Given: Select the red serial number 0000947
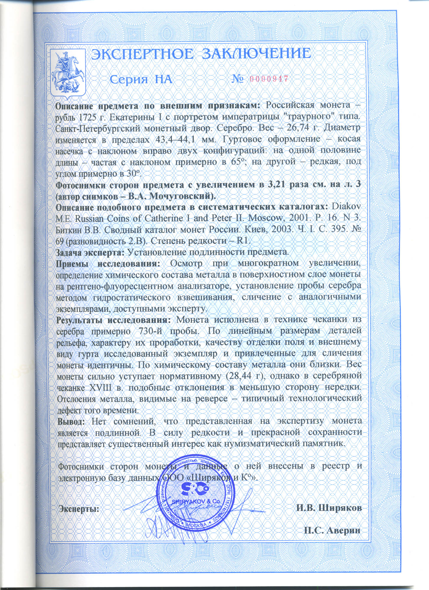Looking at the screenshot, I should pos(269,79).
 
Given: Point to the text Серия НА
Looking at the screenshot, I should pos(141,79).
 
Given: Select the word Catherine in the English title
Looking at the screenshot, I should pos(164,219).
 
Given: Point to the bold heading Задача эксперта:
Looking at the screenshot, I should pos(90,252).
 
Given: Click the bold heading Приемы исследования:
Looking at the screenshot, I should pos(108,263).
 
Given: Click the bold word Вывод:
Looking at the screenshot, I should pos(71,421).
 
